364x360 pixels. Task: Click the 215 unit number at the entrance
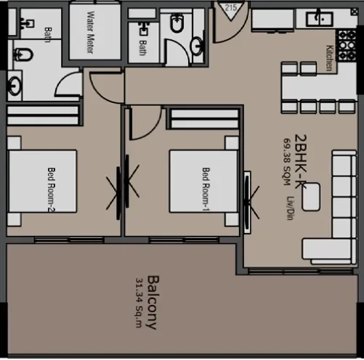pos(232,7)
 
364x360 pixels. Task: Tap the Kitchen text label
pos(329,57)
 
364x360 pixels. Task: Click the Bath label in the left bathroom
pos(48,33)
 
